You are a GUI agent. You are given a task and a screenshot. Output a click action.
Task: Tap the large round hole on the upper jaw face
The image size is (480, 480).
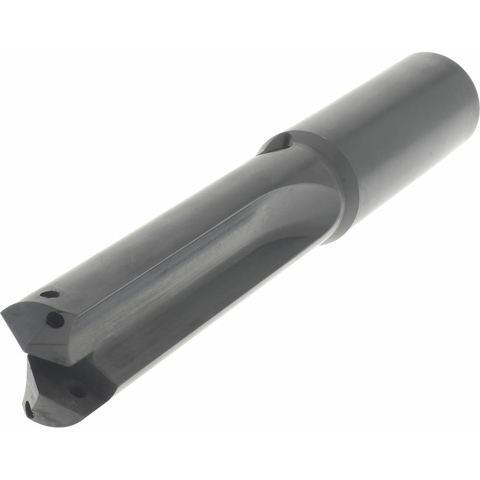[x=55, y=320]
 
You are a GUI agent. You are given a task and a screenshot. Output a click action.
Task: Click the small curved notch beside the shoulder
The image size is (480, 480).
[x=278, y=144]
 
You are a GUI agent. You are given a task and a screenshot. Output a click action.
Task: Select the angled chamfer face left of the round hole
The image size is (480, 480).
[x=22, y=326]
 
